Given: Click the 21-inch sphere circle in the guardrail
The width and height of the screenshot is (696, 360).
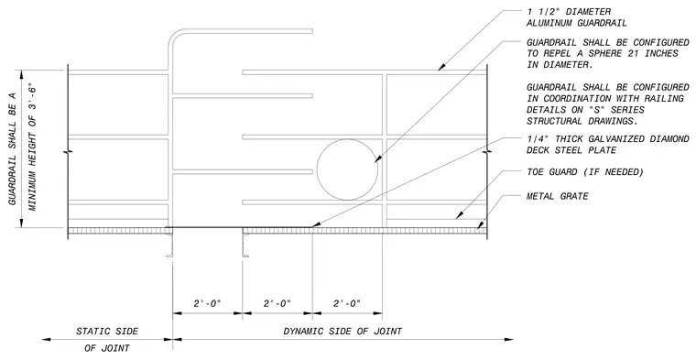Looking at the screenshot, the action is [x=317, y=169].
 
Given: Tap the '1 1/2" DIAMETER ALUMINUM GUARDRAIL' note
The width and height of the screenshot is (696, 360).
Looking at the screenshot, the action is [x=577, y=17].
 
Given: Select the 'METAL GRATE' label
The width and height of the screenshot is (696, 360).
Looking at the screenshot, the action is [x=558, y=196].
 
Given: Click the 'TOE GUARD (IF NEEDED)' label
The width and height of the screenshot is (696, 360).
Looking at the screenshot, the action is [x=585, y=172].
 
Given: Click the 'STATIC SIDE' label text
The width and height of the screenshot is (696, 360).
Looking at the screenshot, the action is [x=107, y=332].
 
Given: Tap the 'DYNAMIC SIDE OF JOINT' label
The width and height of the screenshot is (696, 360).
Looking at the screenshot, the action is [x=343, y=332].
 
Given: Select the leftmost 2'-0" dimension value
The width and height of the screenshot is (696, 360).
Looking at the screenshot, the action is [x=207, y=303].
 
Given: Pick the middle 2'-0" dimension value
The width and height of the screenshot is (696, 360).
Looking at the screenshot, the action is [x=277, y=303].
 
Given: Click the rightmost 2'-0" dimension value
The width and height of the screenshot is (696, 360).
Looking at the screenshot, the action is [x=347, y=303].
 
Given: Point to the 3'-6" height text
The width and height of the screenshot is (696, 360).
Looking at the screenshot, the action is [x=32, y=96].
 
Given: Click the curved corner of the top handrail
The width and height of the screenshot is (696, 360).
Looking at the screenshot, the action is [x=172, y=36].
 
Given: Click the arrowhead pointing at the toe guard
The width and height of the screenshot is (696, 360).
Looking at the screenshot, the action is [x=458, y=215].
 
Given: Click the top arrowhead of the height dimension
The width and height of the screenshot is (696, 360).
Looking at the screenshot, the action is [x=21, y=75].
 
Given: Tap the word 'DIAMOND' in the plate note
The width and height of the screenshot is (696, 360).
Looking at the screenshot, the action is [x=670, y=139].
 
